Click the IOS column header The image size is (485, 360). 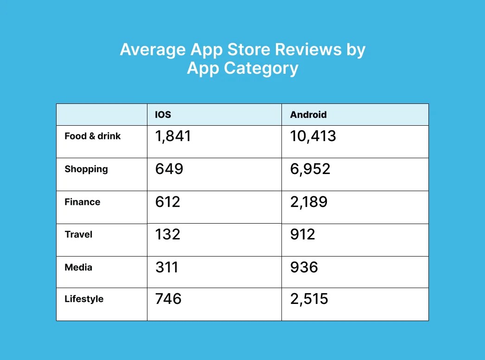[x=163, y=115]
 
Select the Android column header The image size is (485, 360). [x=308, y=115]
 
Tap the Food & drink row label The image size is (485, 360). [x=92, y=136]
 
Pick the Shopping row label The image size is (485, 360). [x=86, y=169]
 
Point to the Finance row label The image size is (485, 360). [x=83, y=202]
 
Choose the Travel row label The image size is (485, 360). [x=78, y=234]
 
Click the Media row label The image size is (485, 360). [x=78, y=267]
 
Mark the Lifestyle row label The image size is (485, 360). [x=84, y=299]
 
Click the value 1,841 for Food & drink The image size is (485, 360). [x=173, y=136]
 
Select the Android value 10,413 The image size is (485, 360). [x=313, y=136]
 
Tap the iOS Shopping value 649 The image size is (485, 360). [x=169, y=169]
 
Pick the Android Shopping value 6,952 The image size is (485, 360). [x=310, y=169]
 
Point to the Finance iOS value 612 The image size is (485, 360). [x=167, y=202]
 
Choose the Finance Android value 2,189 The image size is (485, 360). [x=309, y=202]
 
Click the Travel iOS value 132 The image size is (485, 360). [x=167, y=234]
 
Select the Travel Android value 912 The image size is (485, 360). [x=303, y=234]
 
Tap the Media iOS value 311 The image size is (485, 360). [x=166, y=267]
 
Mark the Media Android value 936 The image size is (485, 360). [x=304, y=267]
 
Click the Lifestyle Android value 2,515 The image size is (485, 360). [x=309, y=299]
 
